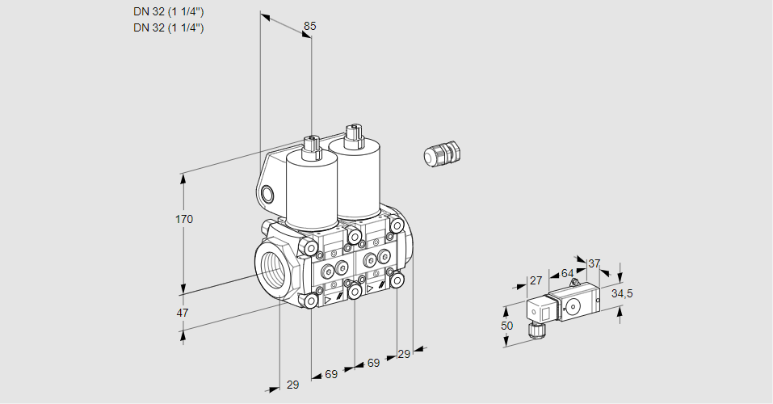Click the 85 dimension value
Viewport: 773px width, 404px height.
[309, 26]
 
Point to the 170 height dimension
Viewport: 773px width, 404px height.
[185, 219]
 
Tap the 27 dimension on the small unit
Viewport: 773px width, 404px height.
[536, 280]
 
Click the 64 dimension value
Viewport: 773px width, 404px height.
[567, 274]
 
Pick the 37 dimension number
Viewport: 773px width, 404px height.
[594, 263]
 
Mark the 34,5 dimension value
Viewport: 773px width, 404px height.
[621, 293]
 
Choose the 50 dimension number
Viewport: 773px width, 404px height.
[506, 326]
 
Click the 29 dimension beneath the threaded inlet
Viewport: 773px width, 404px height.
[292, 385]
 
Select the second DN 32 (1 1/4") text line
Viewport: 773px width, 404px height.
[168, 27]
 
